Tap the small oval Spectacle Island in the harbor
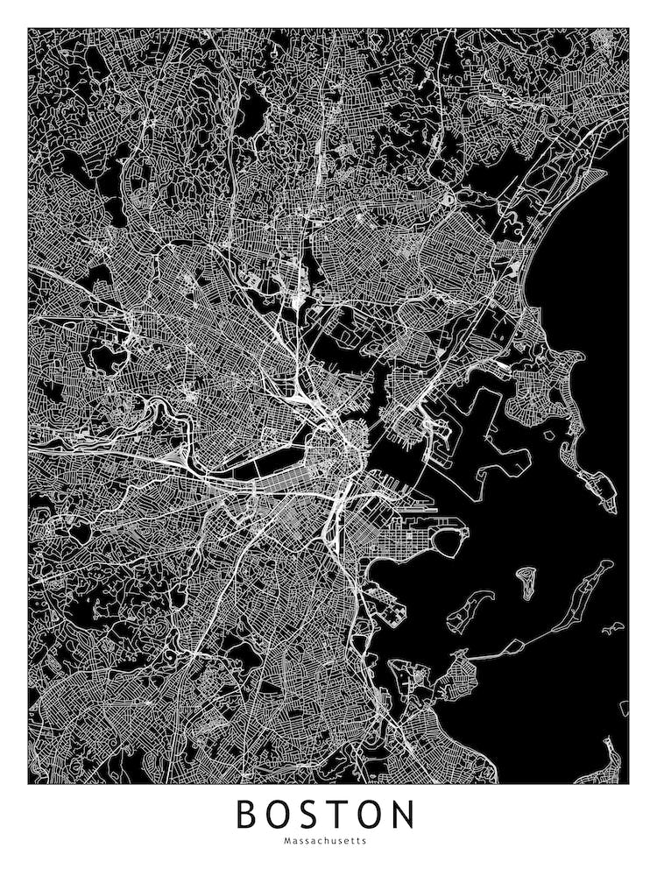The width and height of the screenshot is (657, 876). click(x=526, y=581)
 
